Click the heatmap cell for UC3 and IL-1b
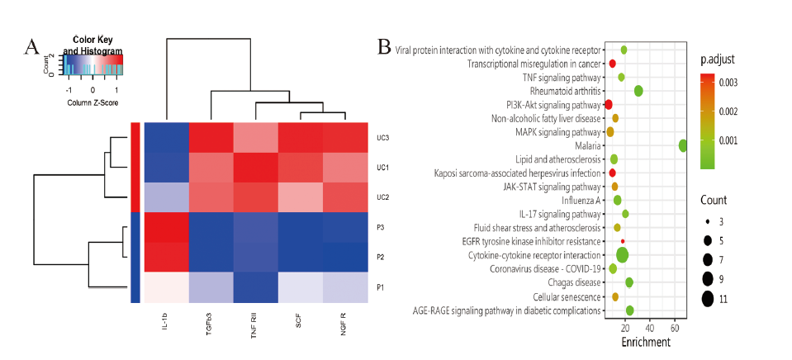166,137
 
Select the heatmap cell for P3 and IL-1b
166,227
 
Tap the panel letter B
384,46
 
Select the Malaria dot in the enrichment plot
683,146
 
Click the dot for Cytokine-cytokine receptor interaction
623,255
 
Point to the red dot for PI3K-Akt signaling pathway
609,105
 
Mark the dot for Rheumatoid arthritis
638,91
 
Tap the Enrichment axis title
646,341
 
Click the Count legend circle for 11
708,299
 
